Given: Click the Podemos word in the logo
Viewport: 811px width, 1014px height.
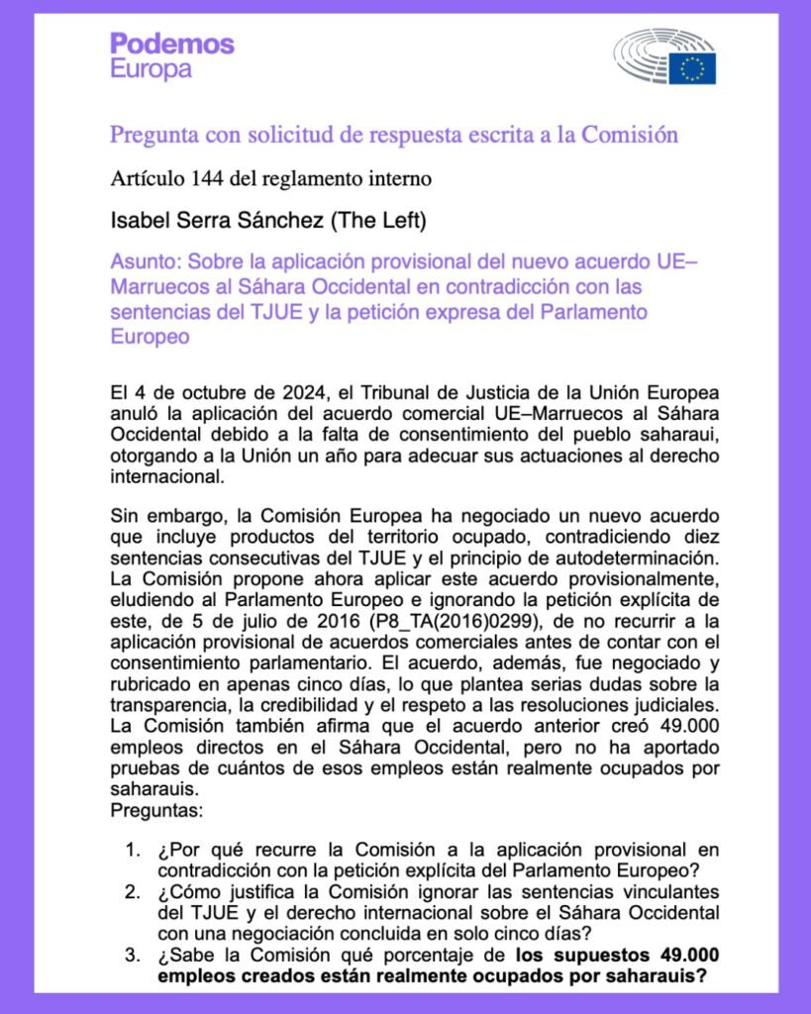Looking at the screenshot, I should (172, 44).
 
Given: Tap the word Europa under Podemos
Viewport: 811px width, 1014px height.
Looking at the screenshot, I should (151, 69).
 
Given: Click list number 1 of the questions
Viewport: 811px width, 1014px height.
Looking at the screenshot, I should (133, 851).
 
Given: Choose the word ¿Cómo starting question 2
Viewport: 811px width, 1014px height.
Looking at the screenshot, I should (185, 890).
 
